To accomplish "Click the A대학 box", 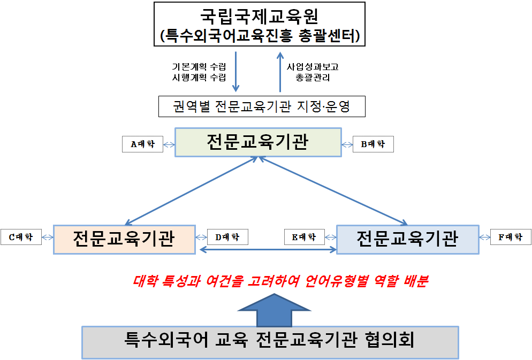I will [x=142, y=144].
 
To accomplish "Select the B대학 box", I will [x=374, y=144].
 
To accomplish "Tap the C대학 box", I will [x=21, y=236].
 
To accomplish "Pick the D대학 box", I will [x=227, y=236].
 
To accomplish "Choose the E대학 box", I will [x=304, y=236].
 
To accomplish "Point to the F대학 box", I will [x=511, y=236].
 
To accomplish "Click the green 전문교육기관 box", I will [x=258, y=142].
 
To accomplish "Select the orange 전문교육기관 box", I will [x=124, y=239].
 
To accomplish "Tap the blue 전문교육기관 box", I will [x=407, y=239].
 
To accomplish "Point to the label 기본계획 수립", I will [x=199, y=67].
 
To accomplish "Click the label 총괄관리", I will [x=313, y=78].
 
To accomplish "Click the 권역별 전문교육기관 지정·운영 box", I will [x=262, y=106].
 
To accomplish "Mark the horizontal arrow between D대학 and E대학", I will [x=268, y=249].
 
